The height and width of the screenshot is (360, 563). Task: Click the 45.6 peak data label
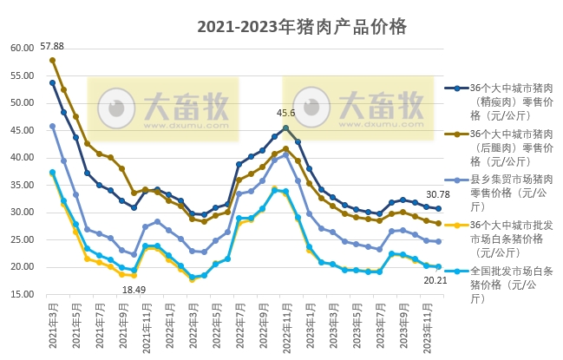point(286,113)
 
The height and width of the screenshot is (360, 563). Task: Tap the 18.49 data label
point(134,289)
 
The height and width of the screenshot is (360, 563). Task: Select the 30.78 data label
point(437,194)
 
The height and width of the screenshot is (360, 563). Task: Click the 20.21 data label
point(435,280)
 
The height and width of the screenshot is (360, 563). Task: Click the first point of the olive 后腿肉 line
point(52,61)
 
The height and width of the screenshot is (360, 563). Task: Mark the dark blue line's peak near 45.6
point(285,128)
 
